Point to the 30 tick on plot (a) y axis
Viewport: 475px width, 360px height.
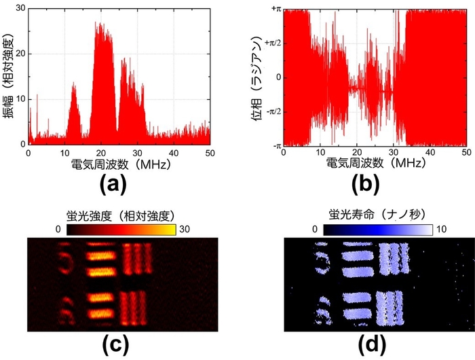[x=19, y=8]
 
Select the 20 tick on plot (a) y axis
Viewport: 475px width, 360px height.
[x=19, y=54]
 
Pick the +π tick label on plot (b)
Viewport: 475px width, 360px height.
[x=274, y=9]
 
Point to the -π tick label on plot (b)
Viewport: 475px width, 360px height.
[x=275, y=145]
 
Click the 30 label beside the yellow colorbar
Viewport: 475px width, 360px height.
[x=185, y=231]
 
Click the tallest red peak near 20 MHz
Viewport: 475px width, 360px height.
[x=98, y=24]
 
